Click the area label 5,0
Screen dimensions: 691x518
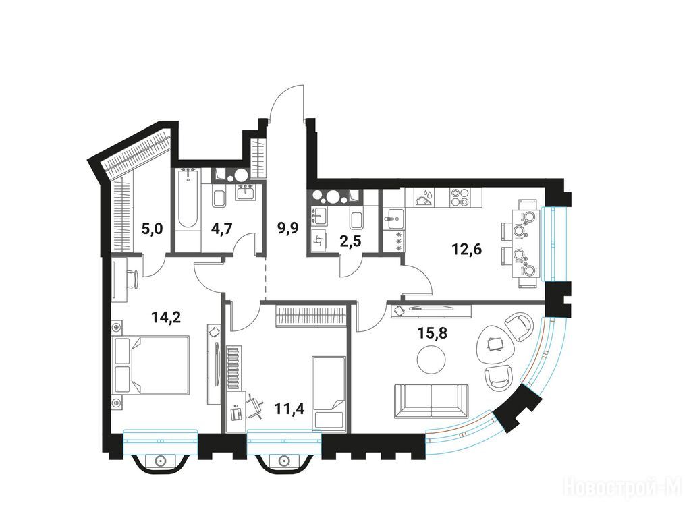click(153, 229)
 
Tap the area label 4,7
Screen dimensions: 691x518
click(221, 229)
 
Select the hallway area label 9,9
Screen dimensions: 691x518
click(288, 228)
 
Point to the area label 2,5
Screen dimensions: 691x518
click(350, 241)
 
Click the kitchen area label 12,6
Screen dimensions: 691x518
click(467, 250)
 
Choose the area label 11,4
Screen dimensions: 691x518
click(289, 409)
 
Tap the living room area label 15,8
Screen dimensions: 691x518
click(433, 333)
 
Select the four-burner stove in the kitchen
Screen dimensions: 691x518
click(460, 197)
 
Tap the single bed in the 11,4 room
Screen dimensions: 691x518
click(329, 393)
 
